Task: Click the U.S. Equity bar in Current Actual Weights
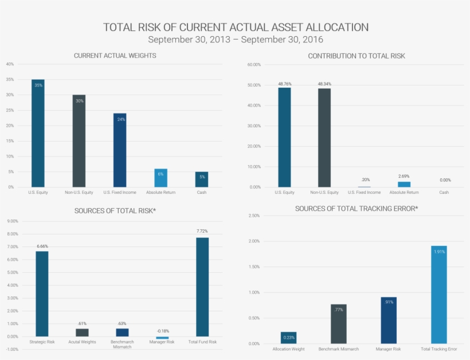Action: pos(38,133)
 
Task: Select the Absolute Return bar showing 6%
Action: pos(161,178)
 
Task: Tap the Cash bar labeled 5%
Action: pos(202,179)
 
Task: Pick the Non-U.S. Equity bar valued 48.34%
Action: pos(324,138)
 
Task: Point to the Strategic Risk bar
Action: pos(42,294)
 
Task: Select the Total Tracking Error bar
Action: pos(439,295)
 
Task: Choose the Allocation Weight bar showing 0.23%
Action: pos(289,338)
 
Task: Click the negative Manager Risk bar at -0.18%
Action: pos(162,338)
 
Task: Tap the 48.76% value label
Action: pos(284,84)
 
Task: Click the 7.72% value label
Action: pos(202,231)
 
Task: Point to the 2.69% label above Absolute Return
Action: pos(404,177)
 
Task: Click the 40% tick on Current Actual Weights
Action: pos(10,64)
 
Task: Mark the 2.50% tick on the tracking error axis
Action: pos(254,216)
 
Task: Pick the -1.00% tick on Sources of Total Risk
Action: pos(12,349)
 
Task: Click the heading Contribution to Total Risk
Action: pos(357,56)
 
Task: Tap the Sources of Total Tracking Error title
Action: pos(357,208)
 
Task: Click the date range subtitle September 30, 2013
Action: pos(235,40)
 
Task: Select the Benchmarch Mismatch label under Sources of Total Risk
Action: pos(122,344)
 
